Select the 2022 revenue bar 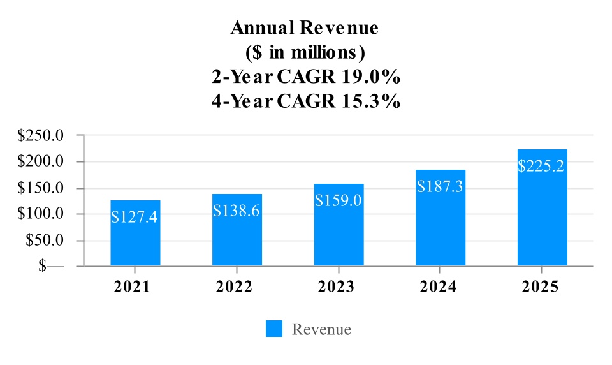pos(237,242)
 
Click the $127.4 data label pos(135,217)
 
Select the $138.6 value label pos(237,210)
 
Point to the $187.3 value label pos(441,186)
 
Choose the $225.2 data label pos(542,167)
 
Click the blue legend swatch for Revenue pos(274,329)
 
